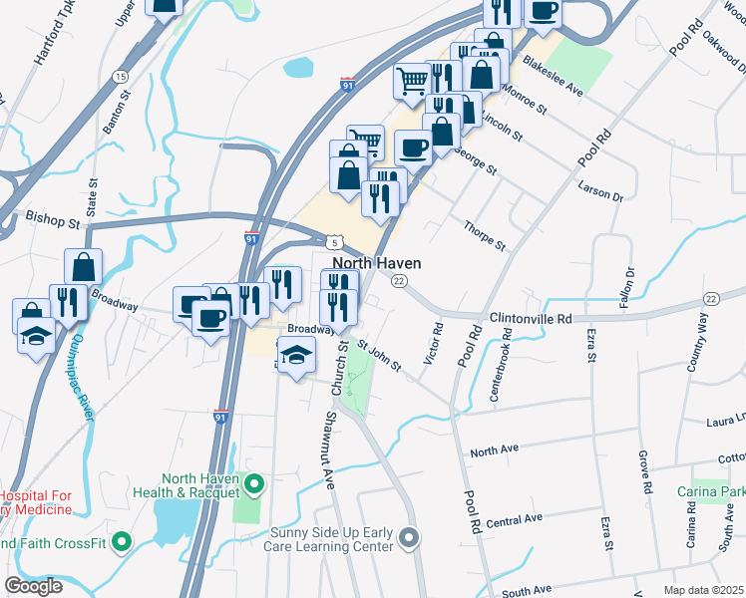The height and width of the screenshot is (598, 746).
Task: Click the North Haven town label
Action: (376, 263)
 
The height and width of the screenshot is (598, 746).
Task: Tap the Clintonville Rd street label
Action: (531, 319)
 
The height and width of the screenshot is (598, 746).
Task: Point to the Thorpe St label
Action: (485, 236)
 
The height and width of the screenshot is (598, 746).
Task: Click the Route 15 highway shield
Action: (120, 77)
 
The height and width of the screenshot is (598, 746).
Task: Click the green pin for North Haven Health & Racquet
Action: (254, 484)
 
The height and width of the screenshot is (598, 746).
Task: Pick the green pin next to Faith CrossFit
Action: (122, 542)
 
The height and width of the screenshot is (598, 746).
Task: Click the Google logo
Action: (34, 585)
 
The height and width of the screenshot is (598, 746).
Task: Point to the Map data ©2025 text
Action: (703, 590)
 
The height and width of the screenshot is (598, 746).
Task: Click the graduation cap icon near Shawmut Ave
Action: (295, 355)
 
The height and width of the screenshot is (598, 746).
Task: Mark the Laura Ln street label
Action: (726, 420)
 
